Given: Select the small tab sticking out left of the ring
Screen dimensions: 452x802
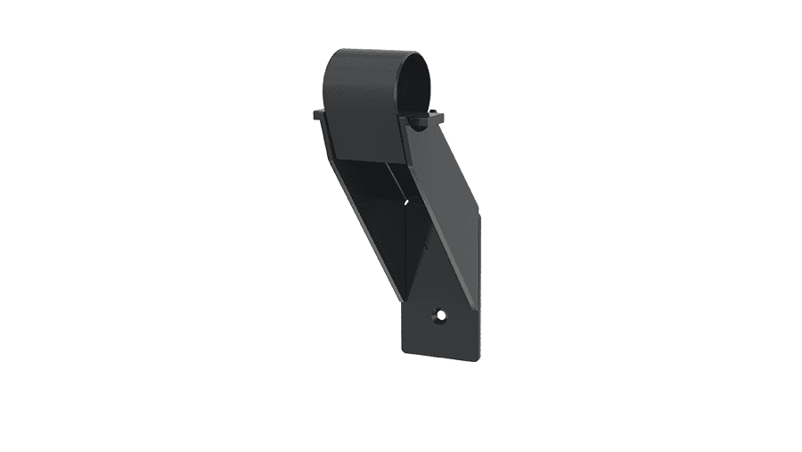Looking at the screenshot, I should (317, 114).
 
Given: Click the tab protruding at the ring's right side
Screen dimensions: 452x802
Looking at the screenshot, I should (434, 116).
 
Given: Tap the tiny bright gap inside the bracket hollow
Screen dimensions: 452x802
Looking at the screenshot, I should (407, 201).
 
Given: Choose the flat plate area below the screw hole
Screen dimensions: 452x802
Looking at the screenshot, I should (441, 343).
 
